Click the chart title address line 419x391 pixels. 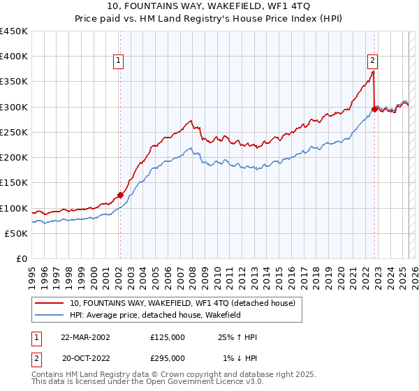(x=210, y=6)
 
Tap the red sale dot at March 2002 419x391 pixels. (x=120, y=195)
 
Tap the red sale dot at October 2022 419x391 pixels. (x=375, y=110)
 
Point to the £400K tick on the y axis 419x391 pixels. (x=14, y=57)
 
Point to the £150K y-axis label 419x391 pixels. (x=14, y=183)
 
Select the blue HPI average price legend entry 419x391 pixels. (x=165, y=315)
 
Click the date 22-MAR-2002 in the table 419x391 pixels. (x=85, y=337)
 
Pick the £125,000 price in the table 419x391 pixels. (x=168, y=337)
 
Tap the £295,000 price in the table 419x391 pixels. (x=168, y=358)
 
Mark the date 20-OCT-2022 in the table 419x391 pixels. (x=85, y=358)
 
